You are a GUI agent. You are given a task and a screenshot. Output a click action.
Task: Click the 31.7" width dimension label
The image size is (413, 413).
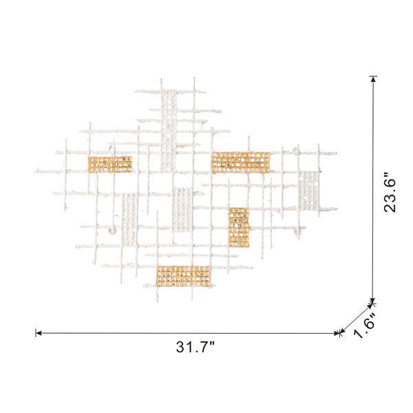(x=195, y=347)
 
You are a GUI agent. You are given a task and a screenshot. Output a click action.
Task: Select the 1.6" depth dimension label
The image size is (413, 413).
(x=364, y=326)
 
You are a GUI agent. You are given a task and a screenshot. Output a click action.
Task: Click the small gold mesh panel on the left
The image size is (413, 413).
(x=110, y=165)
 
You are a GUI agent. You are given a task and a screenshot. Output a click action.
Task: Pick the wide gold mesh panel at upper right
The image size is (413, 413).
(x=240, y=162)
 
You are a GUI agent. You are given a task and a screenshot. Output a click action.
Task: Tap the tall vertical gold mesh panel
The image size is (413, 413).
(x=239, y=228)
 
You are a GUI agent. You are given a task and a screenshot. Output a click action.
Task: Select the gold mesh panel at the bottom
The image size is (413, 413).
(x=183, y=276)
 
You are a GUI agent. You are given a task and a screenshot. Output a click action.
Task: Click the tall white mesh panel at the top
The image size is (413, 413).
(x=169, y=131)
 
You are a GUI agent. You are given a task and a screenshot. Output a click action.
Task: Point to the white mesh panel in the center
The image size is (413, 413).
(x=182, y=210)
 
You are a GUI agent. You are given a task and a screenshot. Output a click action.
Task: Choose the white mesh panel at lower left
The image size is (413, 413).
(x=129, y=220)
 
